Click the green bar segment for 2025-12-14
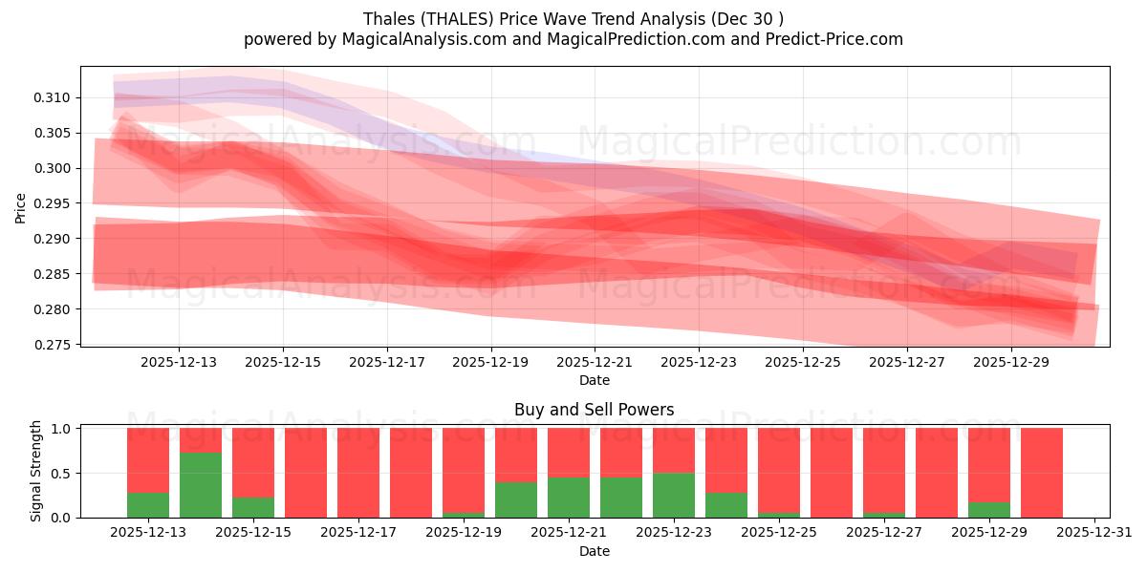tap(201, 485)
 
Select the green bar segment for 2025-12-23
tap(674, 496)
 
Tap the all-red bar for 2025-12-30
tap(1042, 473)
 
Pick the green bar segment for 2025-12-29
tap(989, 510)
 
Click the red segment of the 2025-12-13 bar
tap(148, 459)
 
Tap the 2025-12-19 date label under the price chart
tap(491, 363)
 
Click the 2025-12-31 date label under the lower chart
tap(1093, 533)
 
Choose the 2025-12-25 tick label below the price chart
tap(803, 363)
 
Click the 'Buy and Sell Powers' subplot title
tap(594, 410)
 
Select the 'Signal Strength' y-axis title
tap(35, 471)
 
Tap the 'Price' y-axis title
tap(21, 209)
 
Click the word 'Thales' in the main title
tap(389, 19)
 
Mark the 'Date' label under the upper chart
tap(594, 380)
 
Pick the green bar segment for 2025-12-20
tap(516, 499)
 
